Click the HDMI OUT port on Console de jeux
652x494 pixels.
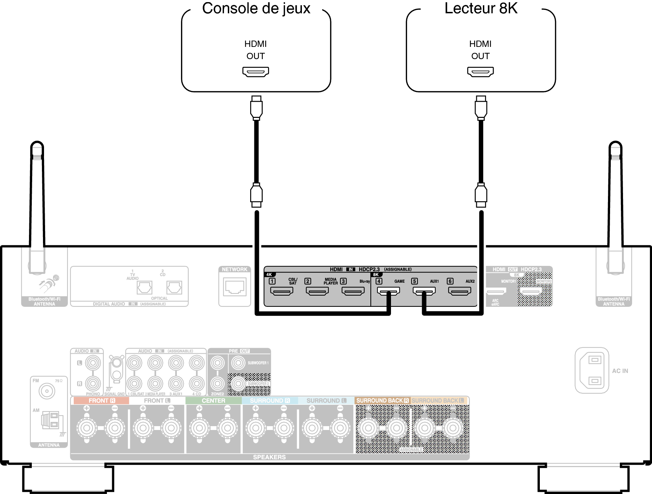(x=256, y=72)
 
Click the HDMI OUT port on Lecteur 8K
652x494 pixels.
(x=480, y=72)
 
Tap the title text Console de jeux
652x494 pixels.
(x=256, y=8)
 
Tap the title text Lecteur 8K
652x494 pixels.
(x=481, y=8)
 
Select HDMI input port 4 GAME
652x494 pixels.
(x=388, y=291)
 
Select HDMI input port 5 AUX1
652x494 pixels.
(x=424, y=291)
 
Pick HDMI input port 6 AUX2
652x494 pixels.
(x=459, y=291)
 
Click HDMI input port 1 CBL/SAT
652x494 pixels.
(x=282, y=291)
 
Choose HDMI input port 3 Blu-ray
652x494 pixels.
(x=353, y=291)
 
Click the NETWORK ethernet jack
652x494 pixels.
(x=235, y=287)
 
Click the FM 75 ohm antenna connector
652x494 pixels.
(x=47, y=391)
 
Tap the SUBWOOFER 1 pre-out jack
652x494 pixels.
(x=238, y=363)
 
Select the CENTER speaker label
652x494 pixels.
(x=213, y=401)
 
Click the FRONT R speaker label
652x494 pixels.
(x=101, y=401)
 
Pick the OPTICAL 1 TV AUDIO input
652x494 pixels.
(x=145, y=288)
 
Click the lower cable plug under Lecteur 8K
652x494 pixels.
(x=481, y=195)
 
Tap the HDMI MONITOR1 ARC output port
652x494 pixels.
(x=496, y=291)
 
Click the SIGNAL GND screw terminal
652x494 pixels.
(x=116, y=369)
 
